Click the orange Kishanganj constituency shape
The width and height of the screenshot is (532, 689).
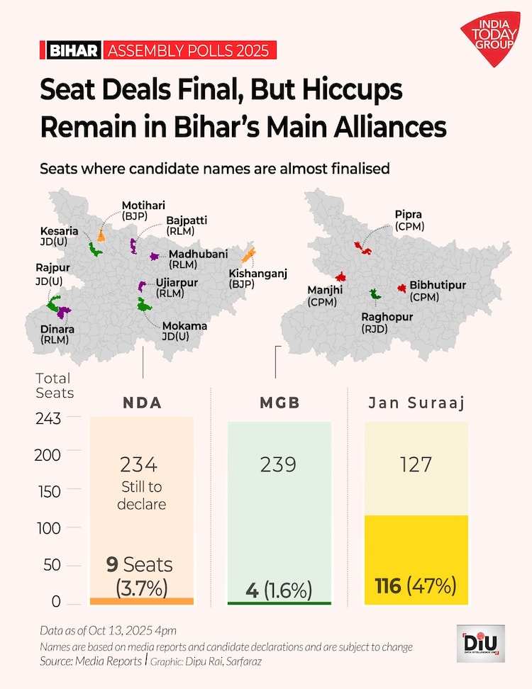click(x=248, y=256)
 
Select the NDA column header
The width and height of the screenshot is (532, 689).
click(x=142, y=403)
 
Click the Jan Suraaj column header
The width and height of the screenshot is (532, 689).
click(x=416, y=403)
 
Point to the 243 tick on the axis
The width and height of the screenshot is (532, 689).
click(x=48, y=419)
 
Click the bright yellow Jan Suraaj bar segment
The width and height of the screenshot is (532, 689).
click(x=416, y=560)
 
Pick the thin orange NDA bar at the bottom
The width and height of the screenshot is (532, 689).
click(x=142, y=601)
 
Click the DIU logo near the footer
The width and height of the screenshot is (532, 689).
click(x=480, y=643)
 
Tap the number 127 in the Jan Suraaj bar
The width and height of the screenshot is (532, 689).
click(x=416, y=465)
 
